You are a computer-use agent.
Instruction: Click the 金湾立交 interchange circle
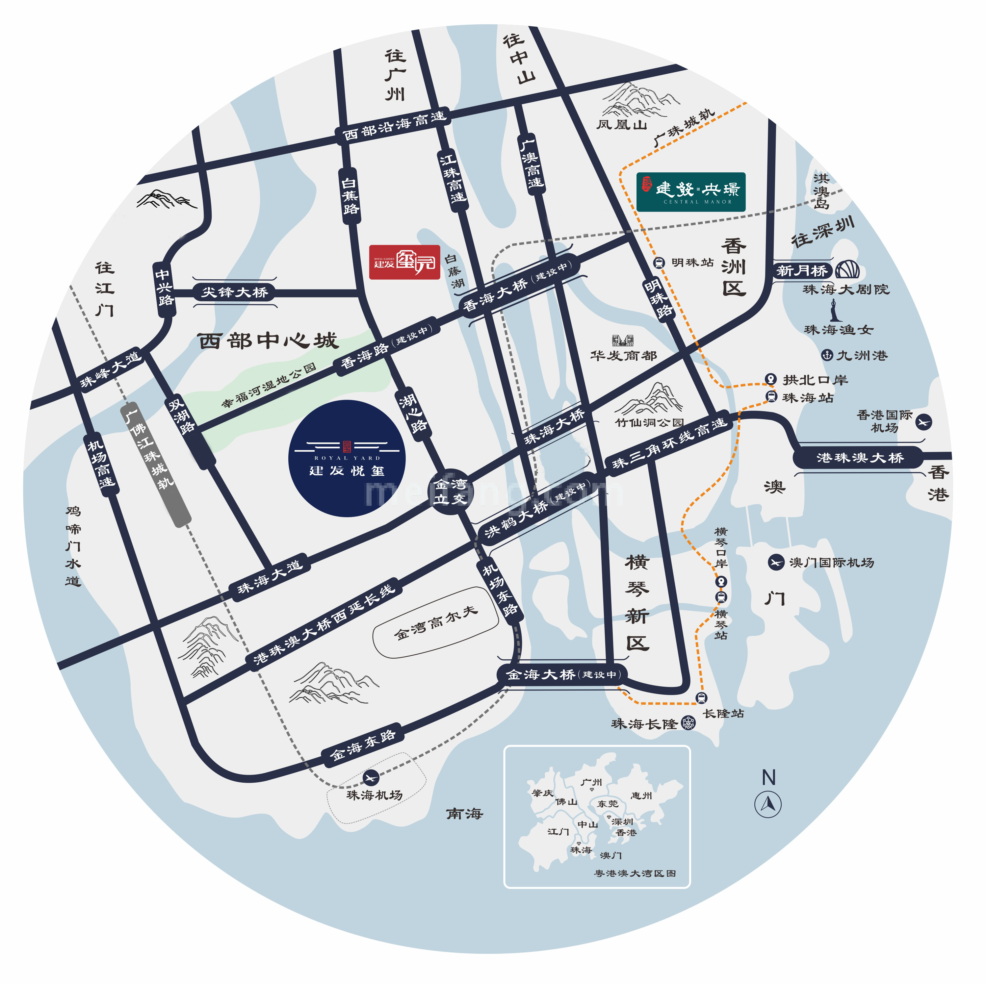click(x=450, y=491)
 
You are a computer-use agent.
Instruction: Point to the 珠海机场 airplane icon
click(x=371, y=778)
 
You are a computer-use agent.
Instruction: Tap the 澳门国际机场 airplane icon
click(x=776, y=562)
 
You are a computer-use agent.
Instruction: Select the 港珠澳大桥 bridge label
click(x=860, y=458)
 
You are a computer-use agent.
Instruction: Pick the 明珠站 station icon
click(x=659, y=263)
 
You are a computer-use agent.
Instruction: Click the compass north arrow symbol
click(x=768, y=804)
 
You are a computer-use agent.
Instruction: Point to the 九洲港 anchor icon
click(x=827, y=355)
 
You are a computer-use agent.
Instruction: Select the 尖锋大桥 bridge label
click(x=234, y=292)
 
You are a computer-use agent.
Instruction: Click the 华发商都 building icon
click(x=623, y=340)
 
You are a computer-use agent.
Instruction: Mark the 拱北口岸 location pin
click(x=770, y=379)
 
